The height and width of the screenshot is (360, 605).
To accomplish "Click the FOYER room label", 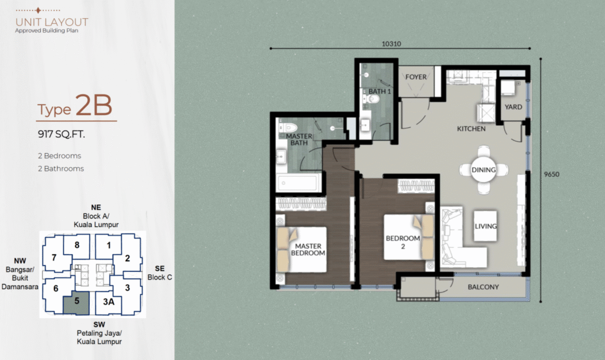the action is [416, 77].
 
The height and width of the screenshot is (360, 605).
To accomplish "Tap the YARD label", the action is [513, 107].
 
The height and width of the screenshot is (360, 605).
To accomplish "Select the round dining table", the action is [483, 170].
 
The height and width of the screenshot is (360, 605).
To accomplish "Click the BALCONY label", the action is [483, 287].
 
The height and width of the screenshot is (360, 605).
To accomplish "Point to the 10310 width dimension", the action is [391, 44].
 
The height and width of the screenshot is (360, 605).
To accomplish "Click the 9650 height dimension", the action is [551, 174].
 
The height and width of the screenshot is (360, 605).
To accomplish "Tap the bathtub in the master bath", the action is [298, 183].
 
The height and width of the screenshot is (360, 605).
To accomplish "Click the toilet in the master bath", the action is [288, 128].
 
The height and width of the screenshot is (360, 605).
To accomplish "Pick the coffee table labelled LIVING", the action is [486, 226].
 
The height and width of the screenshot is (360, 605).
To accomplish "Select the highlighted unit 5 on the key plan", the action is [76, 303].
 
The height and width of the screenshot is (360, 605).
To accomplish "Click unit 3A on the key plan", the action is [109, 301].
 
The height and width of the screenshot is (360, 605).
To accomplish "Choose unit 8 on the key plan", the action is [77, 245].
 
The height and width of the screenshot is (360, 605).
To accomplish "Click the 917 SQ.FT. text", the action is [61, 134].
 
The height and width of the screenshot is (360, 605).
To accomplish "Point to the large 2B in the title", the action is [94, 105].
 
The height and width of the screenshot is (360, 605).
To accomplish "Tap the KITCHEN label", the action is [471, 129].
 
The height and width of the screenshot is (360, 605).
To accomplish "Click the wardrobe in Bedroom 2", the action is [416, 186].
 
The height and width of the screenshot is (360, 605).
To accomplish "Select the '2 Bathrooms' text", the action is [61, 168].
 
